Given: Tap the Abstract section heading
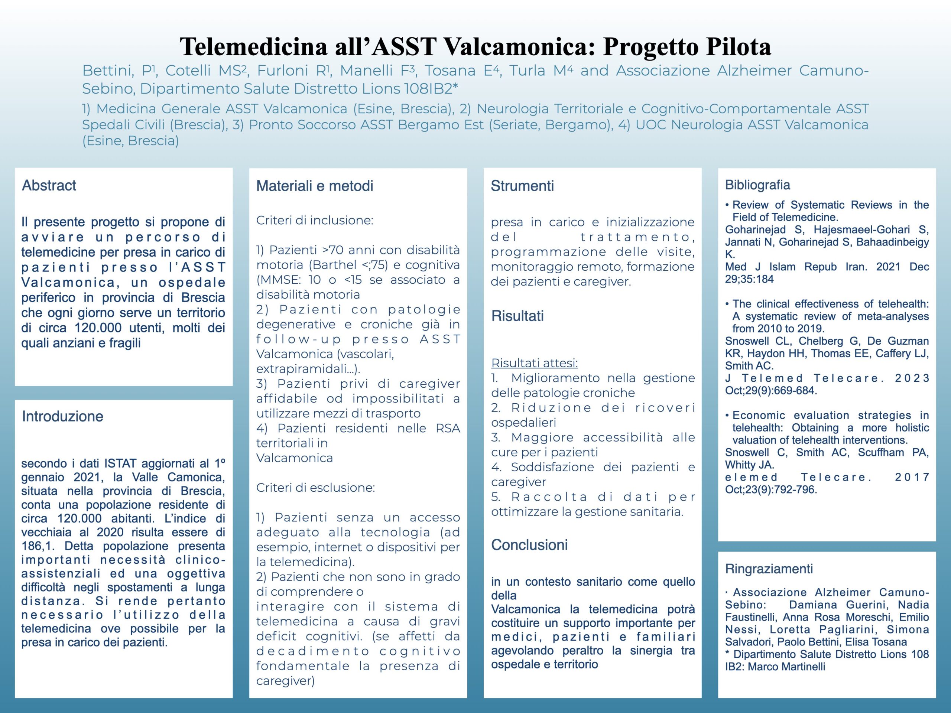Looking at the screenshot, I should tap(49, 185).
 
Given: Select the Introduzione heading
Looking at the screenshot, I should tap(62, 416).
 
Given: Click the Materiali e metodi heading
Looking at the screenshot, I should tap(314, 186).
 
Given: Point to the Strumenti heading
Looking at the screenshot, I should tap(522, 186).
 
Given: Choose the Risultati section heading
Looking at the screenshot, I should tap(517, 316).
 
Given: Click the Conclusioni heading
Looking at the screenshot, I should tap(529, 544).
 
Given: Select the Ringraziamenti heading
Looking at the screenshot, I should tap(769, 569).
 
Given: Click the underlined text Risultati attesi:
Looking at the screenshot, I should tap(535, 363).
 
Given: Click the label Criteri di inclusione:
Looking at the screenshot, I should tap(314, 220).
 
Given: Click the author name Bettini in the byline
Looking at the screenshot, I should tap(107, 71).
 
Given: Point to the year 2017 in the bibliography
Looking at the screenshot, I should tap(912, 477).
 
